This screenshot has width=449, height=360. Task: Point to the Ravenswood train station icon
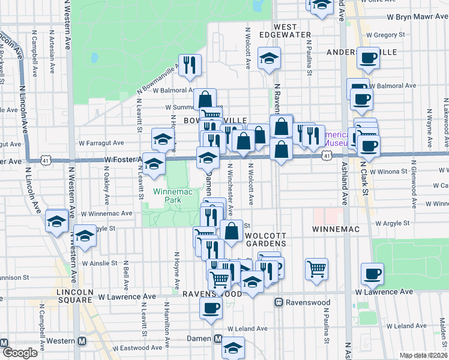[279, 302]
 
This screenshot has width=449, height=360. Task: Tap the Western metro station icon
[82, 341]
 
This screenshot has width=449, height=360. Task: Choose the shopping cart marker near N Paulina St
[316, 268]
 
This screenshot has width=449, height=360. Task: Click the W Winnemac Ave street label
[106, 213]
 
